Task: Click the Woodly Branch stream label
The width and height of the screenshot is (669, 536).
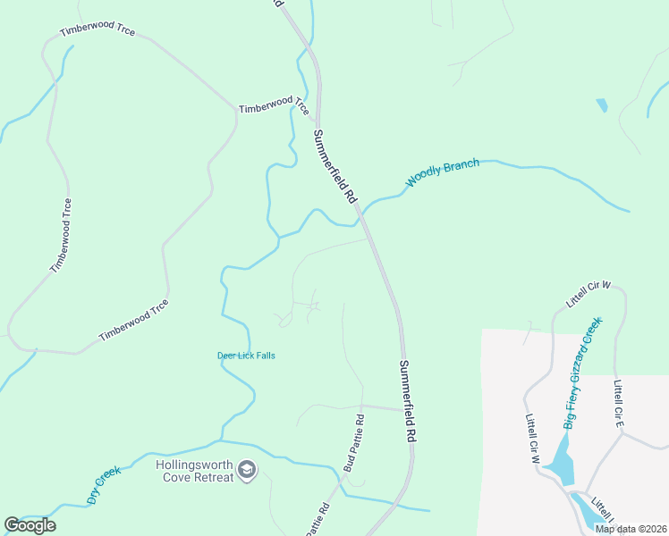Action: pyautogui.click(x=443, y=172)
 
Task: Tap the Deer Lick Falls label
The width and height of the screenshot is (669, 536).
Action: pyautogui.click(x=246, y=356)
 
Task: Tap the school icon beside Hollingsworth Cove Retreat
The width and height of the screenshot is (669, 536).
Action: pyautogui.click(x=247, y=469)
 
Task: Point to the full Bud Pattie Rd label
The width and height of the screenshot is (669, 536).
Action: pyautogui.click(x=354, y=443)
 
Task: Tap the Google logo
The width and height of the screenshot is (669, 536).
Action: pyautogui.click(x=30, y=525)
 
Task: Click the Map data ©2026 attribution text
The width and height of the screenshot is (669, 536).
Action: pyautogui.click(x=630, y=529)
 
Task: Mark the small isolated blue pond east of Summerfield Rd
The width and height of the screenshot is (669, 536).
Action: pyautogui.click(x=601, y=105)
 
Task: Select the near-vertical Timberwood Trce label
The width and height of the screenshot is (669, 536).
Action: pyautogui.click(x=61, y=235)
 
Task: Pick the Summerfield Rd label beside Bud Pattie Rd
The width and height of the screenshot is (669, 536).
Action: pyautogui.click(x=408, y=398)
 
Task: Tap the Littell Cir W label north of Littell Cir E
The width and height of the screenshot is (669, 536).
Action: pyautogui.click(x=588, y=295)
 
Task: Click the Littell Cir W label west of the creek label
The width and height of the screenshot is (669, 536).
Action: pyautogui.click(x=534, y=439)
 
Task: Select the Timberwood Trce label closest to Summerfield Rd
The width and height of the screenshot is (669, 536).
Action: pyautogui.click(x=274, y=106)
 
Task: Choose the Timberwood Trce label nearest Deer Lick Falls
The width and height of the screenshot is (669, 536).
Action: pyautogui.click(x=133, y=320)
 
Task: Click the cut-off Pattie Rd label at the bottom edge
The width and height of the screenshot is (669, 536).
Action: pyautogui.click(x=318, y=520)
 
